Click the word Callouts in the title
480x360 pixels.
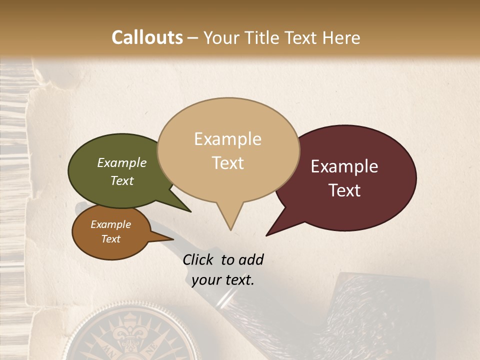pyautogui.click(x=147, y=37)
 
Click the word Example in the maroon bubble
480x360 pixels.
pyautogui.click(x=344, y=166)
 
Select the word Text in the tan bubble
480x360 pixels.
pyautogui.click(x=228, y=163)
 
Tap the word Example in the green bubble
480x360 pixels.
pyautogui.click(x=122, y=162)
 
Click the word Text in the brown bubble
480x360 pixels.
pyautogui.click(x=111, y=239)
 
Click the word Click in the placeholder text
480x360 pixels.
pyautogui.click(x=198, y=259)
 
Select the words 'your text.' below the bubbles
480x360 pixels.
pyautogui.click(x=223, y=280)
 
